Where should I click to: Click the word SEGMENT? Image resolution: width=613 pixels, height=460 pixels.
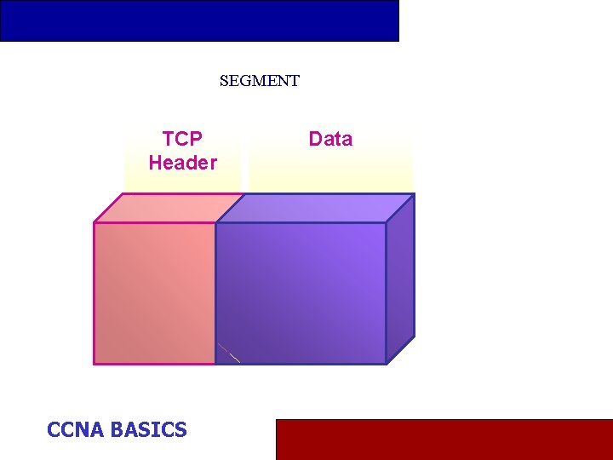pyautogui.click(x=260, y=81)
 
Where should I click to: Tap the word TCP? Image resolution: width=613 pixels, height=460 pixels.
pyautogui.click(x=182, y=139)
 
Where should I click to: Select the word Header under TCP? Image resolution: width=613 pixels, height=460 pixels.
pyautogui.click(x=182, y=163)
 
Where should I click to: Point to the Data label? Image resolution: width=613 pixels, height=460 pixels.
pyautogui.click(x=330, y=139)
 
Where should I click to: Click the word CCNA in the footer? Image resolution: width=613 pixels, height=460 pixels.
pyautogui.click(x=76, y=429)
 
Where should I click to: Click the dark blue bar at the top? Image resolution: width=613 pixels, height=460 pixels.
pyautogui.click(x=199, y=20)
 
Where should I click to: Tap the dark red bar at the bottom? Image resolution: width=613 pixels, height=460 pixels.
pyautogui.click(x=444, y=439)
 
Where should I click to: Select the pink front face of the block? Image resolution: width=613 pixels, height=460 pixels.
pyautogui.click(x=154, y=293)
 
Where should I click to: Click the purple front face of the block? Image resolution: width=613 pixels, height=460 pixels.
pyautogui.click(x=301, y=293)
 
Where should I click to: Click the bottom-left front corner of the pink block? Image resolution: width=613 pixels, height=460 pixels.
pyautogui.click(x=94, y=364)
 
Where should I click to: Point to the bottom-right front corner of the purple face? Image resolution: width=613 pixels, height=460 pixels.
pyautogui.click(x=386, y=364)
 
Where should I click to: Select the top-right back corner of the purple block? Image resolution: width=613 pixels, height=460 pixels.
pyautogui.click(x=415, y=194)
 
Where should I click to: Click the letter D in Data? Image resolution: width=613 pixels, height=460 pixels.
pyautogui.click(x=314, y=139)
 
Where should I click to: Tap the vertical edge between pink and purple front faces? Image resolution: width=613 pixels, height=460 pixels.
pyautogui.click(x=215, y=293)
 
